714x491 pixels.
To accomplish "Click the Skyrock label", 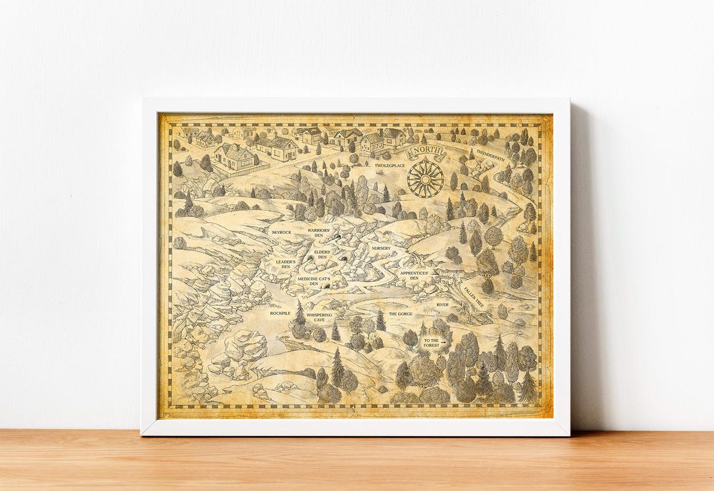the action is [281, 233].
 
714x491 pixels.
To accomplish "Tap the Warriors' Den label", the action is [319, 233].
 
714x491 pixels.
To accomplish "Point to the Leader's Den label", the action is [286, 264].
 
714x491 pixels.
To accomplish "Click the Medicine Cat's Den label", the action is [313, 281].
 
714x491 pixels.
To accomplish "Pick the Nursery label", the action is [381, 248].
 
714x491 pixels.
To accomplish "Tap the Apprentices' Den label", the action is [414, 275].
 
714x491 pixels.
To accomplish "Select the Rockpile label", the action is [280, 313].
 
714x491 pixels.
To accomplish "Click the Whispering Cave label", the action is [319, 318].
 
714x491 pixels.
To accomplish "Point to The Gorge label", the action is [401, 314].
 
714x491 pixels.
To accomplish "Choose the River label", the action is [442, 305].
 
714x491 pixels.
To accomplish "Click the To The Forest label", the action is [431, 342].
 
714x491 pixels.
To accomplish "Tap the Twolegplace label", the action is [389, 165].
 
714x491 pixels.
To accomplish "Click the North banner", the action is [426, 153].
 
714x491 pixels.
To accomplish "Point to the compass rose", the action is [425, 178].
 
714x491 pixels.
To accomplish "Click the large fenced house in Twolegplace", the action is [235, 157].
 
